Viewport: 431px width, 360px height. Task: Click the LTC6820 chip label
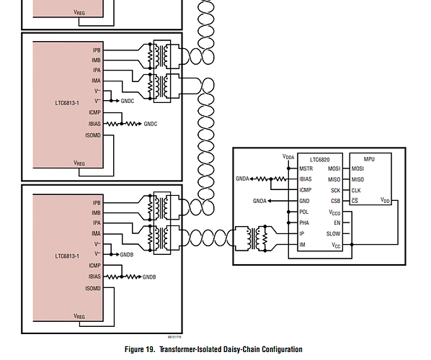point(320,160)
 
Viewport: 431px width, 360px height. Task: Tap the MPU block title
point(369,159)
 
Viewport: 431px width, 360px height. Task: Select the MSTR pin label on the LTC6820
point(306,168)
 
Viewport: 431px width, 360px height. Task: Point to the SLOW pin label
point(333,234)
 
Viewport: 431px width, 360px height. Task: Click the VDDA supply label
point(288,157)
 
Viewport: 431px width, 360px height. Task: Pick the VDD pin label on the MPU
point(385,200)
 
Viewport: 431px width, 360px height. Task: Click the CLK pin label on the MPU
point(356,190)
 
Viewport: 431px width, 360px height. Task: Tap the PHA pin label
point(304,222)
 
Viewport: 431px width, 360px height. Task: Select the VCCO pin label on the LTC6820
point(334,212)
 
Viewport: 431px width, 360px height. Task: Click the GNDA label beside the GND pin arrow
point(259,201)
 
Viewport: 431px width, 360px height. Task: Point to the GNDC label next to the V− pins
point(128,101)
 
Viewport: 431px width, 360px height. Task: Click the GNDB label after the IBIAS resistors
point(149,277)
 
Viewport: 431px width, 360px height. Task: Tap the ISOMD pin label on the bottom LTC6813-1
point(93,288)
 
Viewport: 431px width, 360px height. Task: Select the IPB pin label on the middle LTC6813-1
point(97,50)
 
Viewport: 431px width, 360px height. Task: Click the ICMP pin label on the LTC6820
point(306,190)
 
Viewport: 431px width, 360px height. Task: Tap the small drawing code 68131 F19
point(174,337)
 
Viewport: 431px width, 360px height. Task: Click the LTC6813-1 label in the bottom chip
point(67,256)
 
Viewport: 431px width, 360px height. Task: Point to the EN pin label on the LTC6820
point(337,222)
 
